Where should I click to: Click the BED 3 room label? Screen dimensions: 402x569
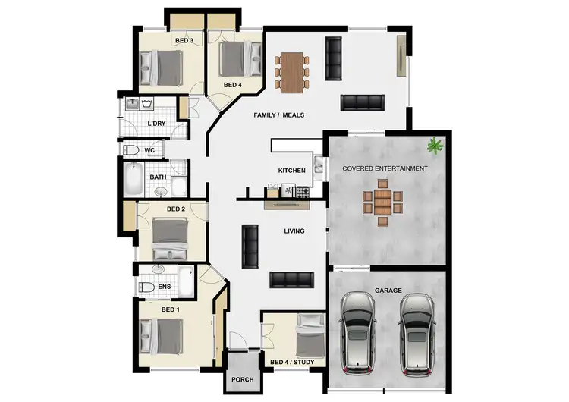coord(184,40)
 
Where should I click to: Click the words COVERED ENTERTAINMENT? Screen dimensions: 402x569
coord(385,168)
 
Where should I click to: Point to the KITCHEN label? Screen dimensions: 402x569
coord(291,171)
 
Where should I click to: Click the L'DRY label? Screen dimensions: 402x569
coord(156,123)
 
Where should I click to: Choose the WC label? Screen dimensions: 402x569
coord(149,150)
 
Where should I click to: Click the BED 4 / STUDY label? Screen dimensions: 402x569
coord(292,362)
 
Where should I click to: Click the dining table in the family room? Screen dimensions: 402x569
coord(291,71)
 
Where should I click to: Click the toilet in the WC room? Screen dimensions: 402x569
coord(130,150)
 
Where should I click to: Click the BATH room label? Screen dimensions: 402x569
coord(158,177)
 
